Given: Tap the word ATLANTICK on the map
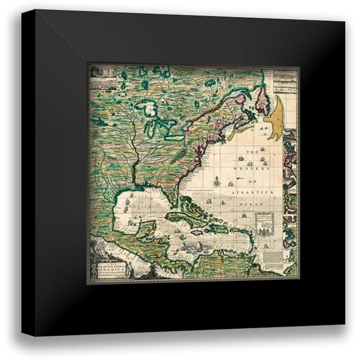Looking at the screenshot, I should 253,193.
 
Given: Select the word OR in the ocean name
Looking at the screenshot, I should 253,181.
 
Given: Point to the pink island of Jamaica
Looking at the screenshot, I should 197,233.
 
